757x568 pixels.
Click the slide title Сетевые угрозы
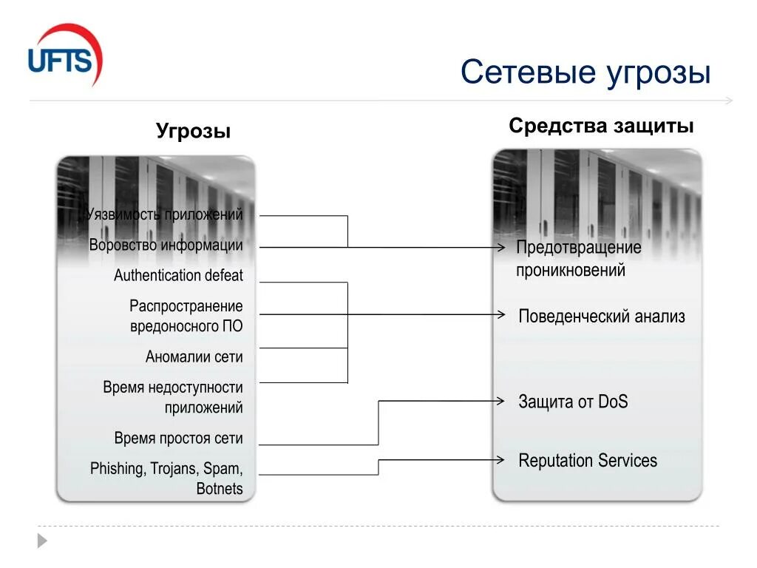point(585,72)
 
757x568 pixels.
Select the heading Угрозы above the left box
point(193,132)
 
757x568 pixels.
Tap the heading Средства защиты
point(601,126)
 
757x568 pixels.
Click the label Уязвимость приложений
point(164,215)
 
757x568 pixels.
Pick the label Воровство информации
point(166,246)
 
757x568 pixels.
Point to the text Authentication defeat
point(178,276)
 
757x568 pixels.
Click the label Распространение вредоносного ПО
point(186,316)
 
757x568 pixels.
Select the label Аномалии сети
point(194,357)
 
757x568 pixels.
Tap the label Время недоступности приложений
point(173,397)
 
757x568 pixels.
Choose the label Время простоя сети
point(178,439)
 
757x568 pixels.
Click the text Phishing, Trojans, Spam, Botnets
point(166,479)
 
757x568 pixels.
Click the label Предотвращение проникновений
point(578,259)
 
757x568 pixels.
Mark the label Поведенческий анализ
point(601,317)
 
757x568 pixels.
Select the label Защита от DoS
point(573,402)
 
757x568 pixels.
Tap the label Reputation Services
point(588,461)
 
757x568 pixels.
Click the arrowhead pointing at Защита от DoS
point(501,401)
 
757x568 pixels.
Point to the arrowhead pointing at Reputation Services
point(501,459)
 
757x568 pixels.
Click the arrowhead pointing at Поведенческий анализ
point(501,314)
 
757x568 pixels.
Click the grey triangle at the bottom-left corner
point(42,541)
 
